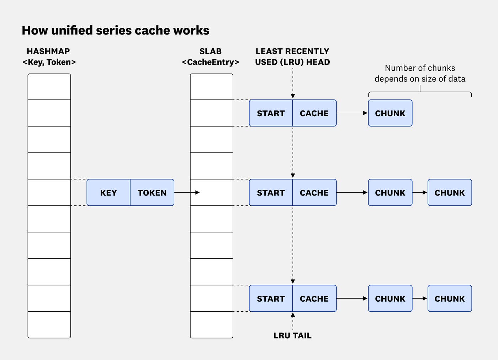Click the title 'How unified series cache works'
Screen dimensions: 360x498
tap(116, 31)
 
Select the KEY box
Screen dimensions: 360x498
tap(108, 193)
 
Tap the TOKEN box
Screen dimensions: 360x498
tap(152, 193)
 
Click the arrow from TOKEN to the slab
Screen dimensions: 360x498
tap(187, 193)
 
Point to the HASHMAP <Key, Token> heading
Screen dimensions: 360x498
tap(49, 57)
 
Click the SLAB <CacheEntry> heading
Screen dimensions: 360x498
tap(210, 57)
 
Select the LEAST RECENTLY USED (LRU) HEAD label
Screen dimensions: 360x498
tap(292, 57)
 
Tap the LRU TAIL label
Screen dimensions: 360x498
tap(292, 335)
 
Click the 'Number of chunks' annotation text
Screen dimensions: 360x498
tap(420, 73)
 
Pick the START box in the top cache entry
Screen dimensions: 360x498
tap(271, 113)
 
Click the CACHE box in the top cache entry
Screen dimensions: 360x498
tap(314, 113)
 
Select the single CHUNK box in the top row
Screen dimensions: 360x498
tap(390, 113)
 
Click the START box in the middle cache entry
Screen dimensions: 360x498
tap(271, 193)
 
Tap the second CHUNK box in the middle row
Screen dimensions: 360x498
tap(450, 193)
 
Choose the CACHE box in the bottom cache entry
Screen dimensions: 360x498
tap(314, 299)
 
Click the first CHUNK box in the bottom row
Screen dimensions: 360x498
tap(390, 299)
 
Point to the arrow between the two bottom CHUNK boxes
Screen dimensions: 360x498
tap(420, 299)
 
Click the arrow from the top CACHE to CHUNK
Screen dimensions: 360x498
tap(352, 113)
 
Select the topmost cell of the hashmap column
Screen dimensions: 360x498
tap(49, 87)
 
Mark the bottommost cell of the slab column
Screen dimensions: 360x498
tap(212, 325)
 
